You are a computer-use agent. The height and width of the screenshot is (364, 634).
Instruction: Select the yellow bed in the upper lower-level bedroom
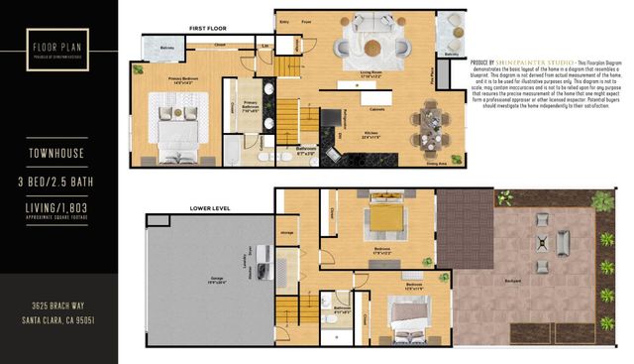point(383,216)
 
